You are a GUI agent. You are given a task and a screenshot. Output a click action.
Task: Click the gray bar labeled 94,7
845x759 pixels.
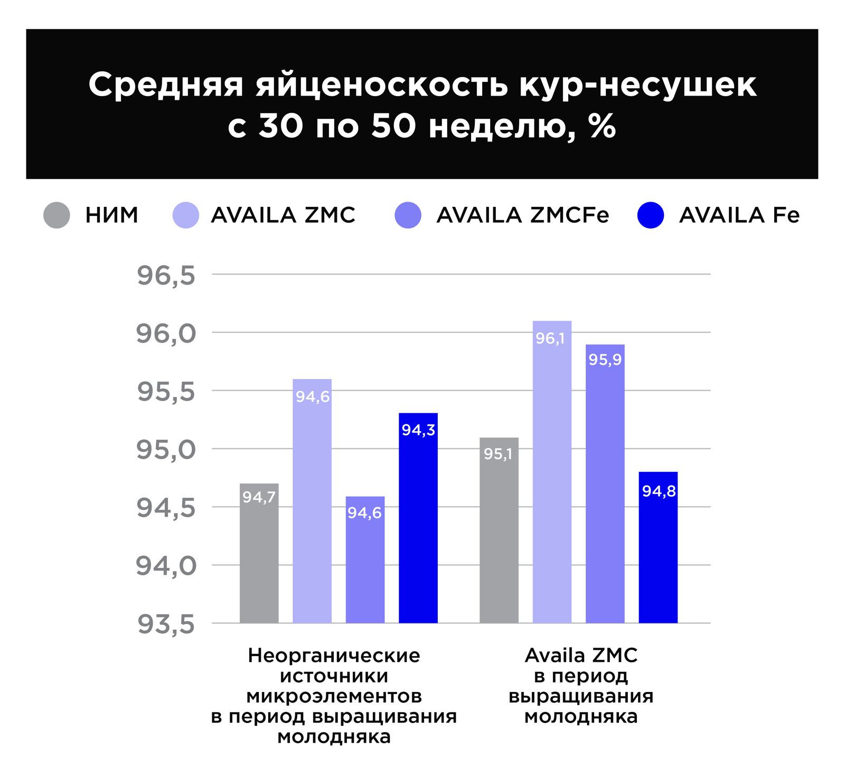(259, 554)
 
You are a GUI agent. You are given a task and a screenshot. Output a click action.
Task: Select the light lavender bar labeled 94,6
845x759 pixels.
(312, 501)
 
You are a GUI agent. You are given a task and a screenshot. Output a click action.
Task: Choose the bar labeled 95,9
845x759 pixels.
(605, 486)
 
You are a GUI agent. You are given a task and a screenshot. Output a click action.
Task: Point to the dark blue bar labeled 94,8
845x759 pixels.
(658, 549)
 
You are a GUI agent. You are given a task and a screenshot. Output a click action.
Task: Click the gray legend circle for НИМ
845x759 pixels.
(57, 215)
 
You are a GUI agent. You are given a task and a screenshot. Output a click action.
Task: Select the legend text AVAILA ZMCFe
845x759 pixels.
(522, 215)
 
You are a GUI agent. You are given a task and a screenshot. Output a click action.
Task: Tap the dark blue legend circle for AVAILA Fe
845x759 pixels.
(651, 215)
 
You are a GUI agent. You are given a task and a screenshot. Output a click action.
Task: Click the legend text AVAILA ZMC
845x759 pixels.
(283, 215)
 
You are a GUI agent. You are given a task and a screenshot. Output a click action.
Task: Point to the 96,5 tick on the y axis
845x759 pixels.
(166, 276)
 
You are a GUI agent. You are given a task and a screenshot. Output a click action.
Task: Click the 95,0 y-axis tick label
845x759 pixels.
(166, 450)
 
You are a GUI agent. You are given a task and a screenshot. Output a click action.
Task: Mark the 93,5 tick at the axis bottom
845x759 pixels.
(166, 624)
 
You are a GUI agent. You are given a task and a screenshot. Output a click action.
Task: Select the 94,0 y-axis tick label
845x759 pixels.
(166, 566)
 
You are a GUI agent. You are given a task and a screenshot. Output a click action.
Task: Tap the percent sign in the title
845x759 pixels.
(603, 127)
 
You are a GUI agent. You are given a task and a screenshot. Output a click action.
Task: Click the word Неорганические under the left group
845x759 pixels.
(334, 656)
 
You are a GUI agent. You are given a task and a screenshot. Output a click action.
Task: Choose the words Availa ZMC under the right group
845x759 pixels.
(581, 656)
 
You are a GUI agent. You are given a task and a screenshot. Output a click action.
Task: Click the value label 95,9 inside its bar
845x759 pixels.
(605, 360)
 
